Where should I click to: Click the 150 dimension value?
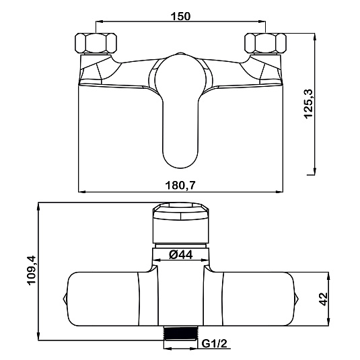[x=180, y=16]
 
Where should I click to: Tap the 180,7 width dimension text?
[x=180, y=185]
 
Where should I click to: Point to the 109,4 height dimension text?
[x=32, y=270]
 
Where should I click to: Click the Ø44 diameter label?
[x=181, y=254]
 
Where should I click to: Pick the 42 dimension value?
[x=324, y=299]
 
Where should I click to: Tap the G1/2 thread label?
[x=214, y=343]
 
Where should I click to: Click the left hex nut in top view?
[x=96, y=43]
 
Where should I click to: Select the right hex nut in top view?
[x=266, y=43]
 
